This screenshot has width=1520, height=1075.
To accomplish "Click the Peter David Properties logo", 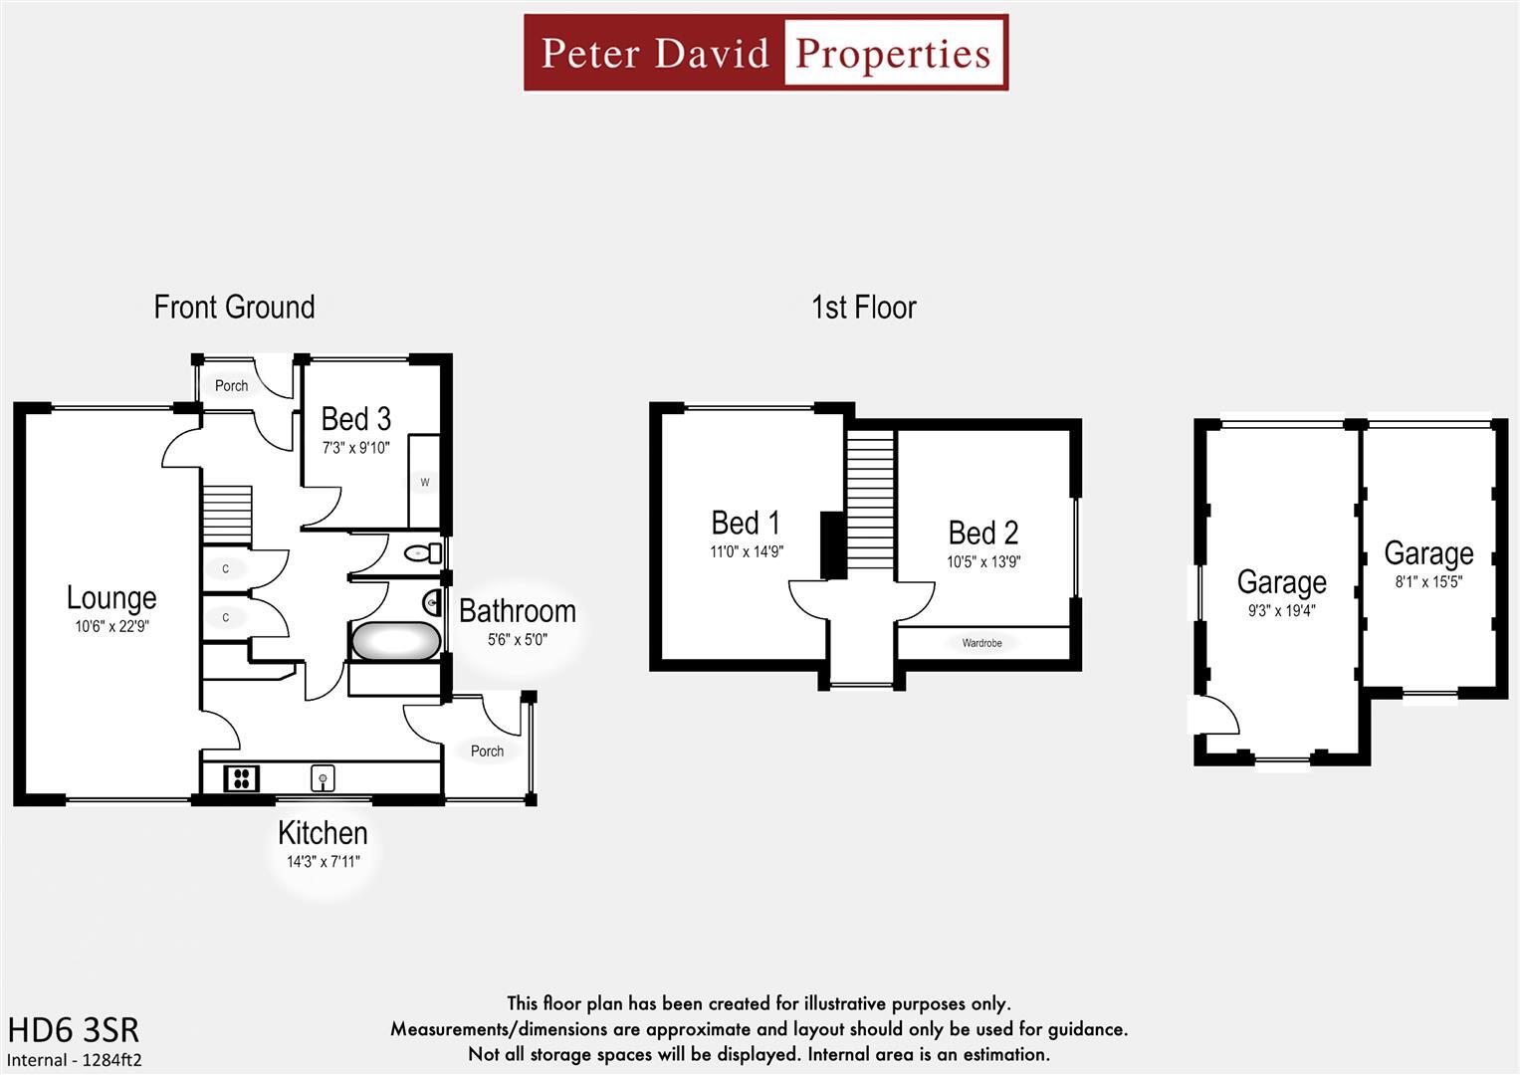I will [765, 53].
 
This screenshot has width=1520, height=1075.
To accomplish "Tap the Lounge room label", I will [111, 597].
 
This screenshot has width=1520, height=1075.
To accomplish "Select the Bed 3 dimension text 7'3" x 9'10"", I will [355, 448].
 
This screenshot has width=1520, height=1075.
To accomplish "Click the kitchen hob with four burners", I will [241, 777].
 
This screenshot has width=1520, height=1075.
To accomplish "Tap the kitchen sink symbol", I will [323, 777].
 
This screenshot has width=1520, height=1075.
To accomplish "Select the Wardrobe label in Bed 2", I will [981, 643].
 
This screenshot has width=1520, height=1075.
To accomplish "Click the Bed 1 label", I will [746, 523].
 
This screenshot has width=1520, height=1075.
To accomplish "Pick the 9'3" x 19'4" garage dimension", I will [1281, 611].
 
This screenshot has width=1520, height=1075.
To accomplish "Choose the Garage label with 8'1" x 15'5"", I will [1428, 553].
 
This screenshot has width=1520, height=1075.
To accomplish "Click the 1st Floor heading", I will [863, 308].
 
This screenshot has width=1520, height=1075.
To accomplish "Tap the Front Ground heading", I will [234, 308].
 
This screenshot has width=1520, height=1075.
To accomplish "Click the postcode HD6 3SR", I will [74, 1029].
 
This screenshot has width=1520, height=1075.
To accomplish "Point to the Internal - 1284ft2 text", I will [75, 1060].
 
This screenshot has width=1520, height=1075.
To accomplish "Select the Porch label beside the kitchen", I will [487, 752].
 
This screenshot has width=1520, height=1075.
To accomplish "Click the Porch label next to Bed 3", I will [231, 386].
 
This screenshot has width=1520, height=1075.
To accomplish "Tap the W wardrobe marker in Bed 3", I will [425, 483].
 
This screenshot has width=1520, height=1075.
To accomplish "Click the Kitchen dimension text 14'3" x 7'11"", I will [324, 862].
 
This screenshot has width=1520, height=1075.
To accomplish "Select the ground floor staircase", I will [227, 514].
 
